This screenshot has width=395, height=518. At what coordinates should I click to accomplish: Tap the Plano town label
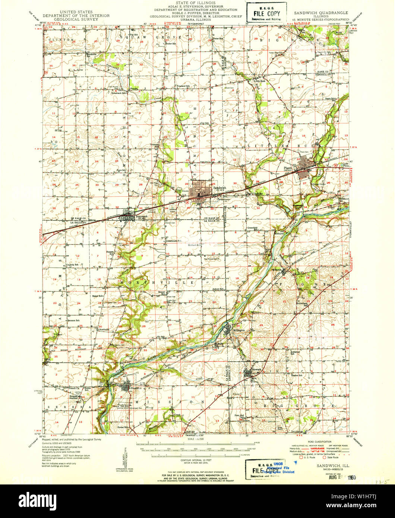287,168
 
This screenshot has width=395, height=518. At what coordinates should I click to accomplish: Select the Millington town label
239,330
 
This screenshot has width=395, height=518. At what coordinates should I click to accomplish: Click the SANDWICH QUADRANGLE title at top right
320,13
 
